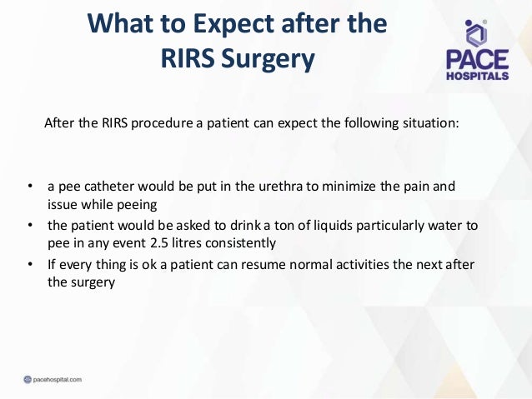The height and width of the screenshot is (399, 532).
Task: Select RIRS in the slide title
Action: [x=187, y=60]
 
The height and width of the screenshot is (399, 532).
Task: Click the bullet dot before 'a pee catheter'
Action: [x=29, y=185]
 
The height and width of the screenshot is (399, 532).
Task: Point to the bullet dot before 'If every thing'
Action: [x=29, y=266]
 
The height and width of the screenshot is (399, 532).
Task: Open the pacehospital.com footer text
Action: [x=53, y=381]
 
